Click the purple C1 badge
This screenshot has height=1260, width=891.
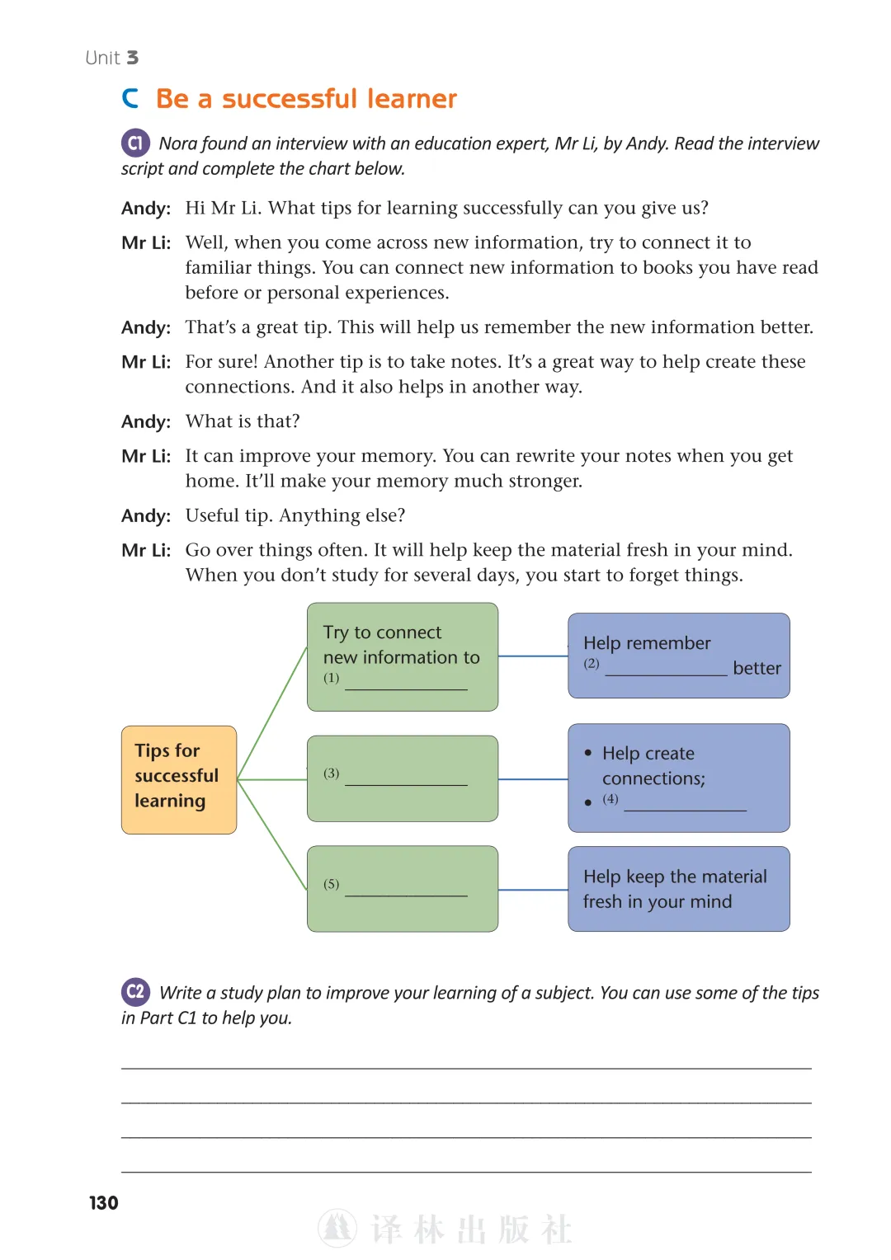point(135,143)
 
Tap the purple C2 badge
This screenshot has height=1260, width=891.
point(135,992)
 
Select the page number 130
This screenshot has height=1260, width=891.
point(104,1202)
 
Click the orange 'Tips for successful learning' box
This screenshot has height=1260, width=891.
point(179,779)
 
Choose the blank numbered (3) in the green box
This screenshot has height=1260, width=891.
point(406,784)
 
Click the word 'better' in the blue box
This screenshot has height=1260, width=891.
point(757,668)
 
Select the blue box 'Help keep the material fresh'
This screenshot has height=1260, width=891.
point(679,889)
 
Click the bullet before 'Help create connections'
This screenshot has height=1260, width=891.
point(588,753)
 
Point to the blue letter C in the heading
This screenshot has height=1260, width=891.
point(130,98)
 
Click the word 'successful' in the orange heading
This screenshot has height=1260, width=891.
point(290,98)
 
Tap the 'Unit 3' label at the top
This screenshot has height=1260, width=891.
point(111,58)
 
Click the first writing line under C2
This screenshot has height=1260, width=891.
point(466,1068)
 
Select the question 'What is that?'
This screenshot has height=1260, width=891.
point(243,421)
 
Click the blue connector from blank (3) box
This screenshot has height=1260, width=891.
point(533,779)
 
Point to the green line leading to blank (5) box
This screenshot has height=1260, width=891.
point(272,835)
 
